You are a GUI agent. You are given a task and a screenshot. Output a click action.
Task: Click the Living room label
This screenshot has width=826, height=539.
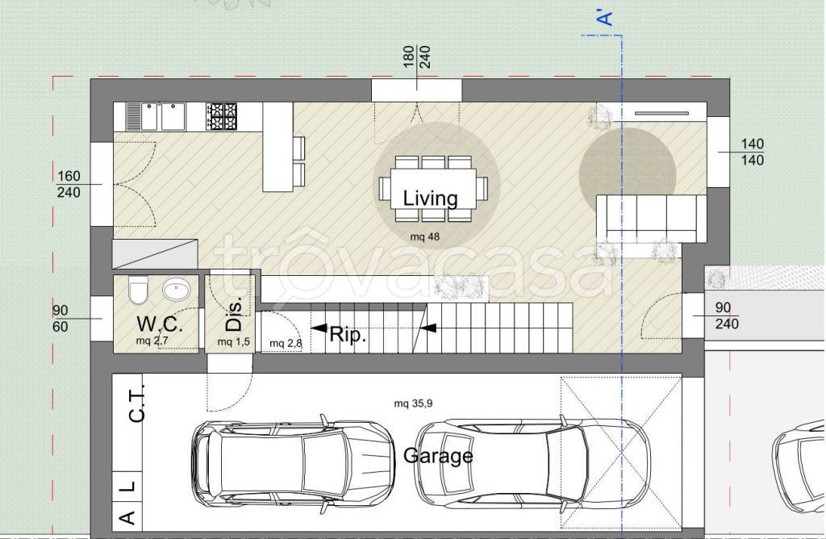coord(431,198)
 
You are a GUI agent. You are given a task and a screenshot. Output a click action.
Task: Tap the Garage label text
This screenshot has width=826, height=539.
coord(438,456)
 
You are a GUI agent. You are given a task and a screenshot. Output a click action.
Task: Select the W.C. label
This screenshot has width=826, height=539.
coord(160,324)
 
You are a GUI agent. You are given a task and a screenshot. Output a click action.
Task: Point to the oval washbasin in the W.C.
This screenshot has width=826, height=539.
coord(177,289)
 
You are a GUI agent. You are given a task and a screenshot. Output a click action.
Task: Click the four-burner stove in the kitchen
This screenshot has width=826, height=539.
coord(222,116)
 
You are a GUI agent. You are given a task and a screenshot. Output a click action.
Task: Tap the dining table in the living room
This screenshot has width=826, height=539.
coord(433,189)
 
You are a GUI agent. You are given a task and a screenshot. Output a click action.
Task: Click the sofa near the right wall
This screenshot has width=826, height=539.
coord(651,219)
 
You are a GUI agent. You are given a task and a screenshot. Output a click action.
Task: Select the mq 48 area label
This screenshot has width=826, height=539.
coord(424,236)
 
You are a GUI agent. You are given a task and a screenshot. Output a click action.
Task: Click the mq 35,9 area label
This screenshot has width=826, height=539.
coord(414,403)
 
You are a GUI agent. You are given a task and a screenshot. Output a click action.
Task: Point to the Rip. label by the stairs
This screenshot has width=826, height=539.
coord(348,335)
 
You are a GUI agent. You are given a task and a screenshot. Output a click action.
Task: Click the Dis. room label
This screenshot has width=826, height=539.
coord(234,313)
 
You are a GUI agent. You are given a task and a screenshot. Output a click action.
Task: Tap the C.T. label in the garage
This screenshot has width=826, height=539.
coord(136,403)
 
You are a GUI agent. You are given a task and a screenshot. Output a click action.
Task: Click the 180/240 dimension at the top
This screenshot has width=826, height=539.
coord(417,57)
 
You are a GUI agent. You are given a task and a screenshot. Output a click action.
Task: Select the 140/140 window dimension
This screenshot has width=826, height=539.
coord(753,152)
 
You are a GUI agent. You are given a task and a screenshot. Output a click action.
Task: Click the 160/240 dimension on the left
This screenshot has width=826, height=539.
coord(69,184)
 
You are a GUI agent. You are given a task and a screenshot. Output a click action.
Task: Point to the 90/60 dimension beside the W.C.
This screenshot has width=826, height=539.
coord(60,319)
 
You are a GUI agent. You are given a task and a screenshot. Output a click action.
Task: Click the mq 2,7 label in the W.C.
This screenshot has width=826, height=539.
coord(152,341)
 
